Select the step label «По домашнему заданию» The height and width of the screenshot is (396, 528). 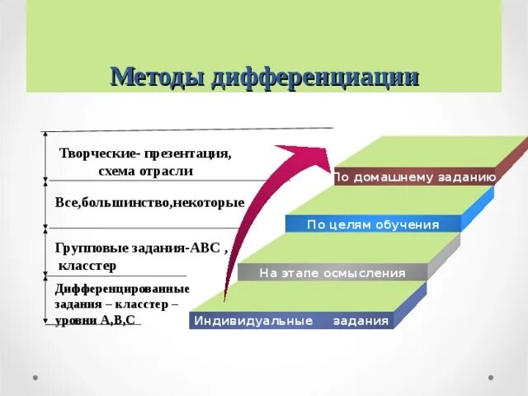point(414,177)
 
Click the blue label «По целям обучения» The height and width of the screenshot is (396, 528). point(373,224)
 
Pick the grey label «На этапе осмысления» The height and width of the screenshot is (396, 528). point(332,273)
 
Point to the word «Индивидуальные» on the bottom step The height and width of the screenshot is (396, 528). point(253,321)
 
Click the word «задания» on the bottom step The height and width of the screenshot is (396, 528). point(361,321)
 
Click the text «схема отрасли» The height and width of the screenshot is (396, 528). point(145,171)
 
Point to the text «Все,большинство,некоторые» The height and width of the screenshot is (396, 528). point(149,202)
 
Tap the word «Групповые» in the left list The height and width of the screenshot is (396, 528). point(87,247)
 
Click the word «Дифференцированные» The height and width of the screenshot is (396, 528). point(122,289)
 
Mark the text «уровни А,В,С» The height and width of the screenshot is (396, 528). point(95,319)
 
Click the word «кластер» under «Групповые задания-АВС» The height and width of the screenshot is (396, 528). point(87,265)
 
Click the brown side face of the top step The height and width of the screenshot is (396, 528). point(511,157)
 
